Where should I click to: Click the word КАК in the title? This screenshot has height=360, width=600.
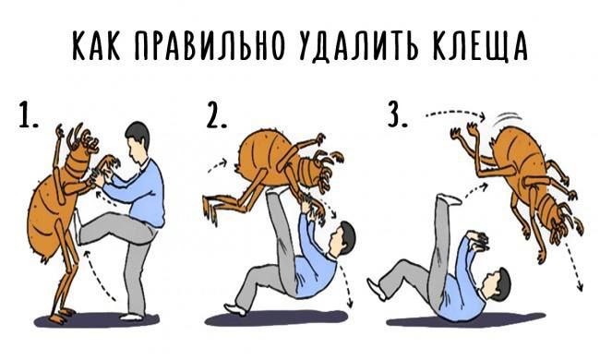point(97,45)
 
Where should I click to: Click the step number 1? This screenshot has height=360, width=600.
point(28,114)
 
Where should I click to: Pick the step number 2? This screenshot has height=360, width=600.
point(216,114)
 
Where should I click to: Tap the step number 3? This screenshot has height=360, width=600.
point(398,114)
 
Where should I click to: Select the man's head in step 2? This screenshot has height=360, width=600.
point(341,239)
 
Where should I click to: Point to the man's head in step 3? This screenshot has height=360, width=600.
point(496,284)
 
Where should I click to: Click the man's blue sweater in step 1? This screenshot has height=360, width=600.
point(141,195)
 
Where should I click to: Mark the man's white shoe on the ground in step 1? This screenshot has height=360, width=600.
point(132,317)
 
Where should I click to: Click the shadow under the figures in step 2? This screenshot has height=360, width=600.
point(275,318)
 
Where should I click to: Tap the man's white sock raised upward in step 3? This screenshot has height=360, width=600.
point(449,199)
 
